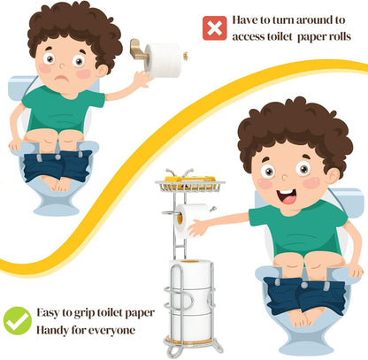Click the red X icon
(215, 28)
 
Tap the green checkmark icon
(18, 321)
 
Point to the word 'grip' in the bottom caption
(84, 313)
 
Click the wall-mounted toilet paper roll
(164, 60)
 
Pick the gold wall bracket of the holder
(138, 49)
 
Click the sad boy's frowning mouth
(62, 79)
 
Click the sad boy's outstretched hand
(142, 78)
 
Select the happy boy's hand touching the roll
(196, 228)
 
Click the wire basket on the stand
(190, 186)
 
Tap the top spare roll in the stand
(191, 275)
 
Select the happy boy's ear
(333, 176)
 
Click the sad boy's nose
(62, 65)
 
